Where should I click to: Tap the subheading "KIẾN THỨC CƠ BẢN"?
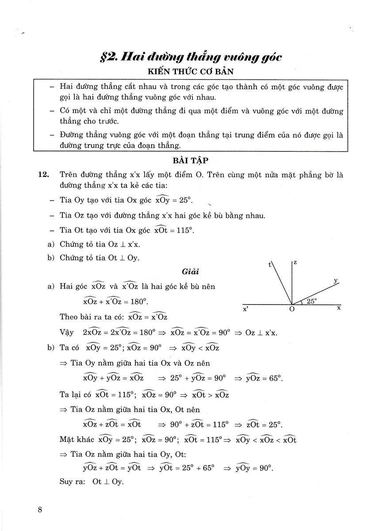point(191,72)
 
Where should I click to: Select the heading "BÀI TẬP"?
point(191,162)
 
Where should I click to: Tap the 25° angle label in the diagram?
point(312,301)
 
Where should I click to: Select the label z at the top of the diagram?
point(295,263)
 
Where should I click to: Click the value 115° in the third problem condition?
point(184,231)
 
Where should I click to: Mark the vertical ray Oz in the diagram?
point(292,283)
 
